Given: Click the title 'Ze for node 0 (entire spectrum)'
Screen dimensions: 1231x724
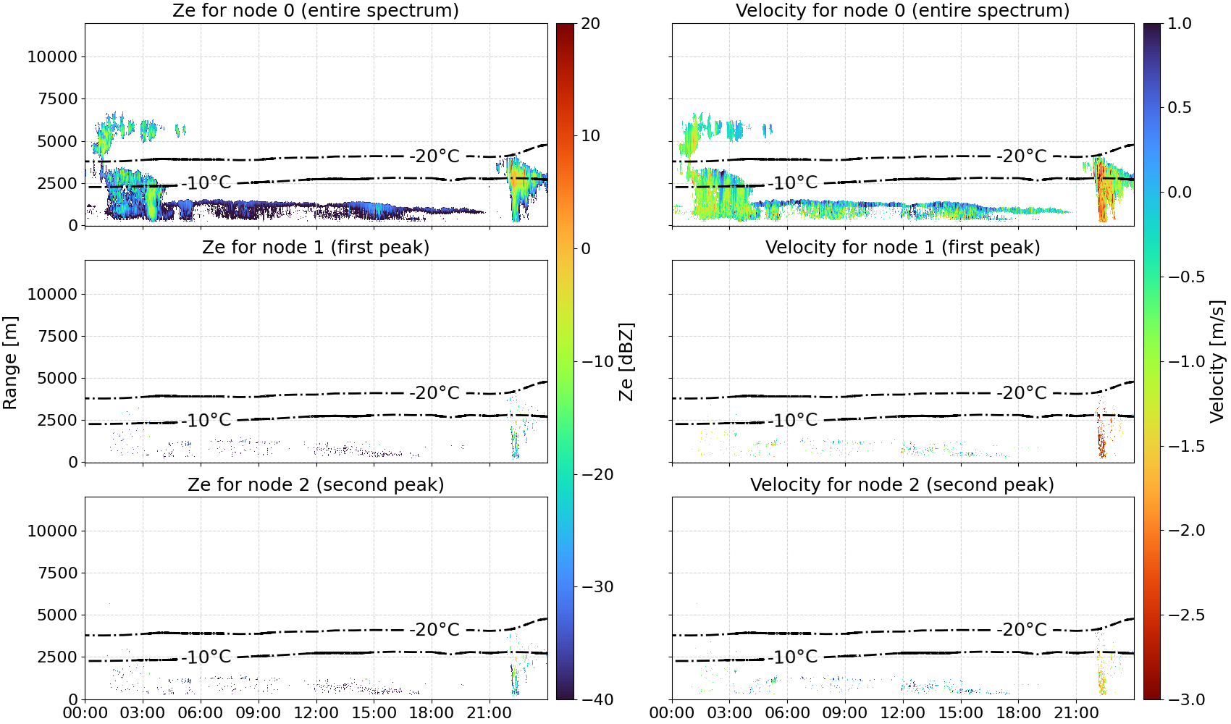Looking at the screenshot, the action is pos(316,11).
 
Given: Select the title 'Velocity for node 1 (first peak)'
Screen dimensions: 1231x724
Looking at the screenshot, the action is pos(903,248).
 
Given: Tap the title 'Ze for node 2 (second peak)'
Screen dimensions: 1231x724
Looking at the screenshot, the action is pos(316,485).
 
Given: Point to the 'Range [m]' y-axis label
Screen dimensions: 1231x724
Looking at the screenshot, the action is pos(10,362).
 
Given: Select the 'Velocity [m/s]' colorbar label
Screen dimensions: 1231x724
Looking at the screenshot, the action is pos(1218,361).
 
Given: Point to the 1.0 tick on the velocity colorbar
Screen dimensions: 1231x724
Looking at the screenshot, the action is pos(1180,24).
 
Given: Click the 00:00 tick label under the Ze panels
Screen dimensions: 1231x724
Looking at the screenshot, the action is pos(85,713).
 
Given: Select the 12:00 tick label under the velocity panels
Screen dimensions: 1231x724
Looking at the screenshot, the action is pos(903,713).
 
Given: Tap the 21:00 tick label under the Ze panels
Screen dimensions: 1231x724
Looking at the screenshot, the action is pos(489,713).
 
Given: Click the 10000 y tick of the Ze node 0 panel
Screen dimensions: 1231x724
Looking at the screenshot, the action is pos(53,56).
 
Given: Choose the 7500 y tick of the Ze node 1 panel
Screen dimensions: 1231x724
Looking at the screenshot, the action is pos(58,336).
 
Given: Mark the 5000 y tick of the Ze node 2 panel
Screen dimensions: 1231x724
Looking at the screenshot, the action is pos(58,615).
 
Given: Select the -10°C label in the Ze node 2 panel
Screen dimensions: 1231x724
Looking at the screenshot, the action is pos(209,657).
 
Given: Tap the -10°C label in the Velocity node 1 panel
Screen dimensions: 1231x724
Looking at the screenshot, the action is pos(795,421).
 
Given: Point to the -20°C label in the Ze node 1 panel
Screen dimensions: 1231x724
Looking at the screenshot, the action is pos(434,393).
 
